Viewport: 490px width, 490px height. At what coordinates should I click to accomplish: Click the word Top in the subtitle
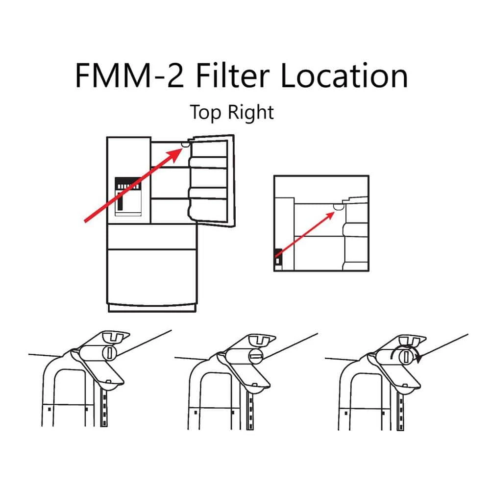click(206, 112)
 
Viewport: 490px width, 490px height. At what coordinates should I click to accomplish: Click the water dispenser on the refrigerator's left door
click(128, 196)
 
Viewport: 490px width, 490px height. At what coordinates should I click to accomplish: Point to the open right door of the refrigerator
click(211, 181)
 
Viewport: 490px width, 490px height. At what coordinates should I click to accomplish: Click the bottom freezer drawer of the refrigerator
click(152, 277)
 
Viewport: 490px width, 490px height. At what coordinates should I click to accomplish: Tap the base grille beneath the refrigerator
click(152, 308)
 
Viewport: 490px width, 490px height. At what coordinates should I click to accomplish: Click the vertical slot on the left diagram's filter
click(110, 353)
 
